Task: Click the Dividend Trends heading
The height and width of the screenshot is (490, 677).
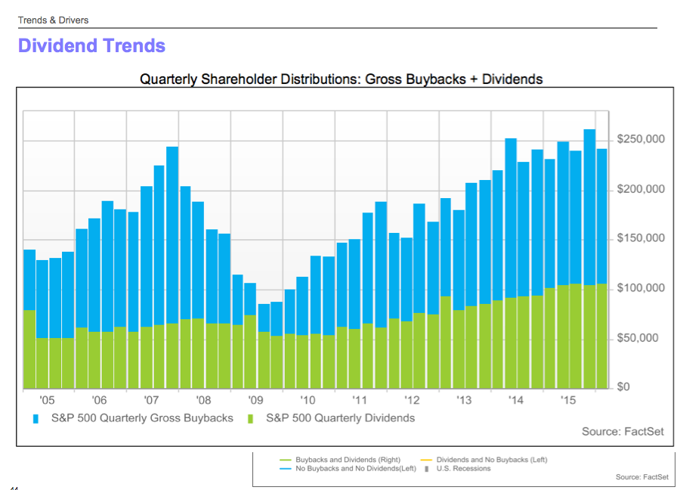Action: point(91,46)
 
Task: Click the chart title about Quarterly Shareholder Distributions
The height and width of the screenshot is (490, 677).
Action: point(342,79)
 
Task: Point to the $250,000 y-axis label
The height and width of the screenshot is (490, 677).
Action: point(641,139)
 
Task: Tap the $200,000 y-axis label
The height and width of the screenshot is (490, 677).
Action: point(641,189)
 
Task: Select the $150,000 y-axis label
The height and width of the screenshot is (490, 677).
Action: point(641,239)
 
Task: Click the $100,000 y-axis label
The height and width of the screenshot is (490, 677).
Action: point(641,288)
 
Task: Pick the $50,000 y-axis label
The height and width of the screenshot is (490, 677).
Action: point(643,338)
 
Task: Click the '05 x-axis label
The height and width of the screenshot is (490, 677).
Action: point(47,400)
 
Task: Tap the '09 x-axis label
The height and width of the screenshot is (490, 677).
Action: point(255,400)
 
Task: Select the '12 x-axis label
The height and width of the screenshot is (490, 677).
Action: point(412,400)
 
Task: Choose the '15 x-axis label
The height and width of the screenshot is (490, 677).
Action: point(568,400)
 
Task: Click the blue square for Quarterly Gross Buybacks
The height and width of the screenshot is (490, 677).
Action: point(36,418)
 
